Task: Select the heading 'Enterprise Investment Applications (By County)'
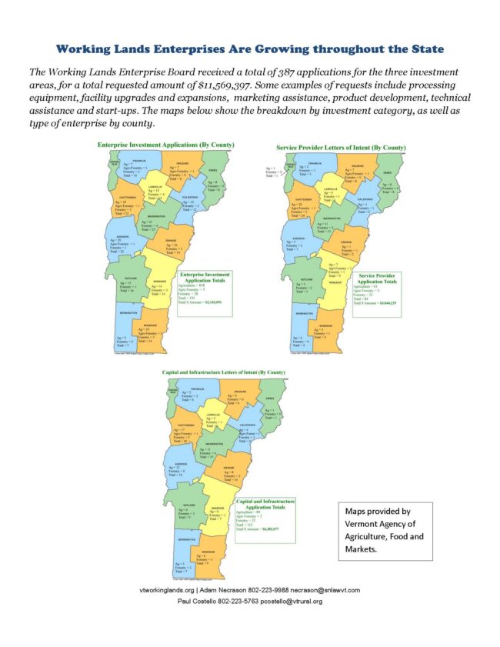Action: [166, 145]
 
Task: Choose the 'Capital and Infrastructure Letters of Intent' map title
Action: [223, 372]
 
